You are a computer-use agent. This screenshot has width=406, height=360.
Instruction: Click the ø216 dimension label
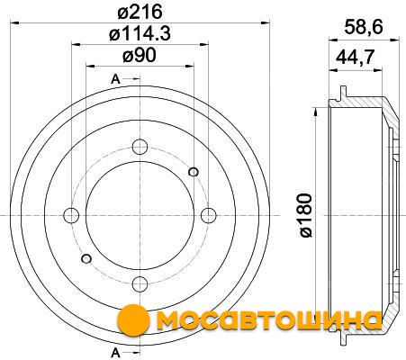click(x=140, y=12)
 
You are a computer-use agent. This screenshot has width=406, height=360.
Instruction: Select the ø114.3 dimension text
click(x=140, y=33)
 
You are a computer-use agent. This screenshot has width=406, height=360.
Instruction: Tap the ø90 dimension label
click(x=140, y=56)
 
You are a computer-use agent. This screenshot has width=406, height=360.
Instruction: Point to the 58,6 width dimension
click(x=364, y=28)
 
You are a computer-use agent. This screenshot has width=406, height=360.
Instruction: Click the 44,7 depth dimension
click(x=356, y=57)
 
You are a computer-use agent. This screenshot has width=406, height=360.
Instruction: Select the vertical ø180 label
click(x=306, y=215)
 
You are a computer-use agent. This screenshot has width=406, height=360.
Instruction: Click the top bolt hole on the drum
click(x=140, y=147)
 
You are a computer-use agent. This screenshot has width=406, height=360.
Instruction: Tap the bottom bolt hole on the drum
click(x=140, y=283)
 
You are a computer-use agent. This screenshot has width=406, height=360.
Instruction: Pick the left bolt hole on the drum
click(x=71, y=215)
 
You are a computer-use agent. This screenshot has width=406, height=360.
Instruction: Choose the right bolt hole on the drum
click(x=208, y=215)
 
